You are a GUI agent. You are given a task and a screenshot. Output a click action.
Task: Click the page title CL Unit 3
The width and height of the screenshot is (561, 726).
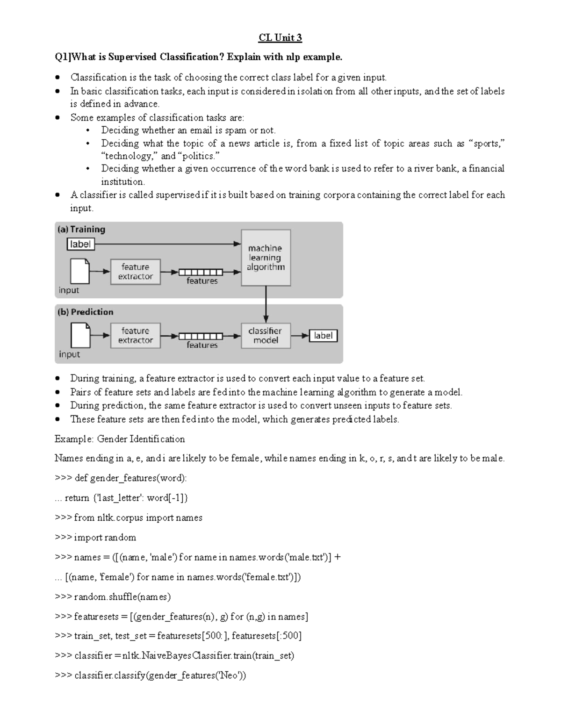tap(280, 37)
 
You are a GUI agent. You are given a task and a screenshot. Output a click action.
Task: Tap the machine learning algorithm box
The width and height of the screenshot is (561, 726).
tap(266, 258)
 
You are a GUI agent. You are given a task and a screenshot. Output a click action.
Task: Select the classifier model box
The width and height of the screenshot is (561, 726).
tap(266, 336)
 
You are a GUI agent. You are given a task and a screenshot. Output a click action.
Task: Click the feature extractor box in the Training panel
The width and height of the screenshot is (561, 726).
tap(135, 272)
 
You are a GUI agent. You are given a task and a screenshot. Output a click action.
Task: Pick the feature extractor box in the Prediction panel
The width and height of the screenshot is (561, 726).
tap(135, 336)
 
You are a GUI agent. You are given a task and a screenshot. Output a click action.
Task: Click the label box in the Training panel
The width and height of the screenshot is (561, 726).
tap(80, 244)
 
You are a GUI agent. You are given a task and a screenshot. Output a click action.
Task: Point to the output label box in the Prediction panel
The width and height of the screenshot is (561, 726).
tap(323, 336)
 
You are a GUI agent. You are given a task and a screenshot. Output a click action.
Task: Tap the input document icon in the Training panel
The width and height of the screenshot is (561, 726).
tap(79, 271)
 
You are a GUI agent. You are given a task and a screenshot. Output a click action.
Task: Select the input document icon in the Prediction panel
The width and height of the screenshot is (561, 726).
tap(79, 336)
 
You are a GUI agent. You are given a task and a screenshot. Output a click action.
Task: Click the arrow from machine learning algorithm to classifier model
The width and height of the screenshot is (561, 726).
tap(266, 304)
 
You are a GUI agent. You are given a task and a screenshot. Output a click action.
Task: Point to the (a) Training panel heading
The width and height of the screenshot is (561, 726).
tap(81, 230)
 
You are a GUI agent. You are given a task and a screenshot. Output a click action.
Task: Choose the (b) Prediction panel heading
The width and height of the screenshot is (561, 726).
tap(85, 312)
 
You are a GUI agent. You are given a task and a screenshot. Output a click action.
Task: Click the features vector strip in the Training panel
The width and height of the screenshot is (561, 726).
tap(200, 272)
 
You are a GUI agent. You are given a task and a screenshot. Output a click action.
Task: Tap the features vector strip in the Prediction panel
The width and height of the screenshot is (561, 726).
tap(200, 336)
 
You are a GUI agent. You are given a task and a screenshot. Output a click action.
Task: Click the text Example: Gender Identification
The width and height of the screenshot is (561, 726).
tap(120, 439)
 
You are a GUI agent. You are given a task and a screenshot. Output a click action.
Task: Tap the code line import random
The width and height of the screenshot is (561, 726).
tap(95, 538)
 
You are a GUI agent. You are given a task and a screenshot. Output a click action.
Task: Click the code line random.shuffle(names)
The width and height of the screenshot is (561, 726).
tap(113, 597)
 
